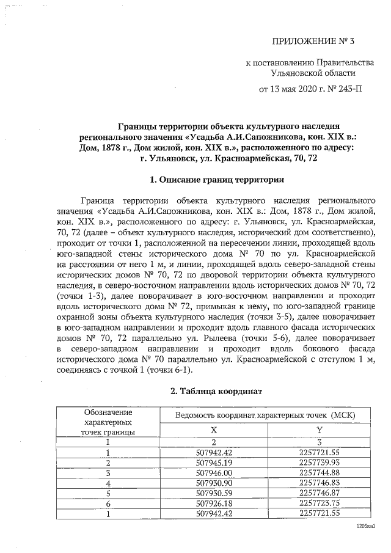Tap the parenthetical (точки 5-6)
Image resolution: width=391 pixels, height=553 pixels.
[273, 337]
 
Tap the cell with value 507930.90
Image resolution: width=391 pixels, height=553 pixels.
[213, 482]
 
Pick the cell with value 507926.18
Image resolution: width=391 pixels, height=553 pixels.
[213, 502]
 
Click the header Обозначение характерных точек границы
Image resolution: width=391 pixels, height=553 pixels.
[108, 422]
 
